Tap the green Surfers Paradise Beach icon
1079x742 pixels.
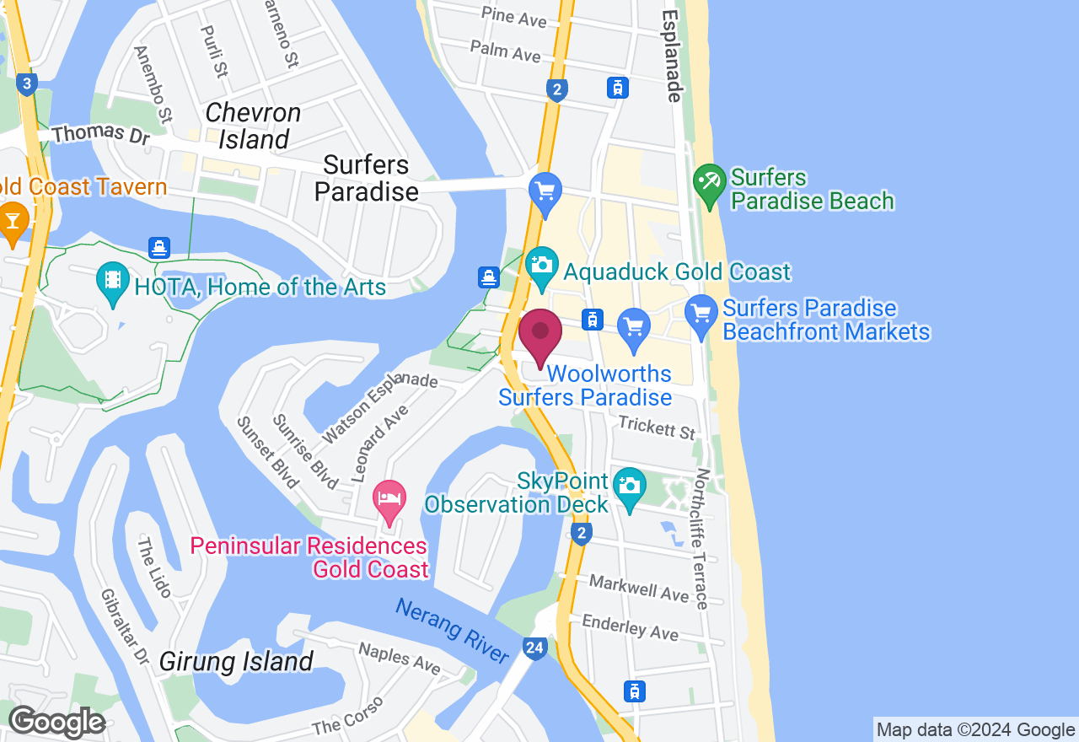click(x=709, y=186)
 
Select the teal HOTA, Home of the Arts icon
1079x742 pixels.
click(x=111, y=284)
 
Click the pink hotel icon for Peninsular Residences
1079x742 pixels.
click(x=389, y=502)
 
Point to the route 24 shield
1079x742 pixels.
click(x=534, y=648)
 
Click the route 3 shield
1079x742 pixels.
click(x=28, y=83)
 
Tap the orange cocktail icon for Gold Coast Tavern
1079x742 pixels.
click(x=13, y=221)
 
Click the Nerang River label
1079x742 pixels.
click(x=453, y=632)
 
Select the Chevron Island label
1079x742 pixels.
click(x=253, y=126)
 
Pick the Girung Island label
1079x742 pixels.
click(x=237, y=661)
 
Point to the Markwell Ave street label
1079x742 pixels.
click(x=639, y=587)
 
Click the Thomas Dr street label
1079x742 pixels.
click(x=100, y=134)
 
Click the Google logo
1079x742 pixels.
click(x=56, y=722)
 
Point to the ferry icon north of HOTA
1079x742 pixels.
click(x=159, y=248)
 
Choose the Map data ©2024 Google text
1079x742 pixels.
click(x=975, y=730)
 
